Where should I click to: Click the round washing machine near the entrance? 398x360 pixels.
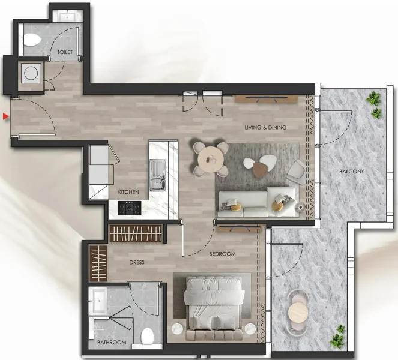(x=30, y=74)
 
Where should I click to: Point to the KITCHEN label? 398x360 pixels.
(x=128, y=192)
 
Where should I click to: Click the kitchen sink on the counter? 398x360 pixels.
(x=158, y=176)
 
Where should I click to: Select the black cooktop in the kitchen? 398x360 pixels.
(x=129, y=208)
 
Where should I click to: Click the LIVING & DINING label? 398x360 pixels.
(x=265, y=127)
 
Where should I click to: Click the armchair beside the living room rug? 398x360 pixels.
(x=295, y=173)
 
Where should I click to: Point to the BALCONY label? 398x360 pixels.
(x=351, y=172)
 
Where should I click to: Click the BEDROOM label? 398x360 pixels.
(x=222, y=254)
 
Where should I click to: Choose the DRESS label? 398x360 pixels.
(x=136, y=262)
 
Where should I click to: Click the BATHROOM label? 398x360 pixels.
(x=112, y=343)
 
